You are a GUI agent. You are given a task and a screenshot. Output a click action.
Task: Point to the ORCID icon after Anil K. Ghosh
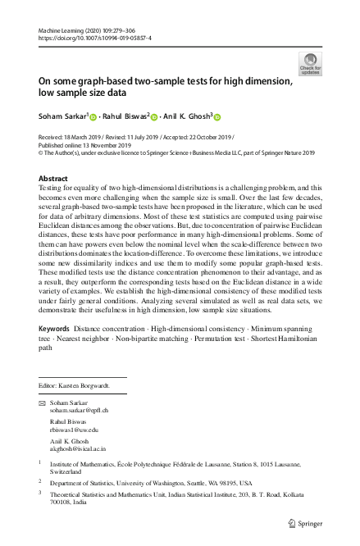pyautogui.click(x=219, y=116)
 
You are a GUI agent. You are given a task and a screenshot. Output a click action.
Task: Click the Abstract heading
pyautogui.click(x=54, y=178)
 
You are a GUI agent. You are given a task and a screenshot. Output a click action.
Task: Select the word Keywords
pyautogui.click(x=54, y=351)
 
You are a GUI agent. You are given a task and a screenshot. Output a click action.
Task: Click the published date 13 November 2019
pyautogui.click(x=105, y=144)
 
